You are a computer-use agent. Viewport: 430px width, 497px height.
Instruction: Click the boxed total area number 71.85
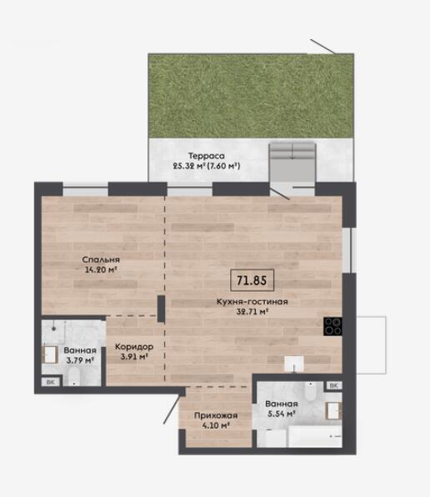point(252,280)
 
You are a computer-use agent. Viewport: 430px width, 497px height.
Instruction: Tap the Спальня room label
point(101,259)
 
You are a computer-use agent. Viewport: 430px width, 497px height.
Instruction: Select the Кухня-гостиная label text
point(252,301)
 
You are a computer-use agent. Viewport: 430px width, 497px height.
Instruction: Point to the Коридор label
point(134,347)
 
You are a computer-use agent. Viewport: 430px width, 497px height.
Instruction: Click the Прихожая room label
point(216,415)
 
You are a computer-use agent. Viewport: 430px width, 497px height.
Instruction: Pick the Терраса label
point(207,156)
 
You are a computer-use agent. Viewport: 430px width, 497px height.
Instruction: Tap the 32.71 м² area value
point(252,312)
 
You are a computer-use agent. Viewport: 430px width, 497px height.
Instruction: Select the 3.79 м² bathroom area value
point(80,360)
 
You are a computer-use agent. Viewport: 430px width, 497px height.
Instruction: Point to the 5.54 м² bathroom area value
point(282,414)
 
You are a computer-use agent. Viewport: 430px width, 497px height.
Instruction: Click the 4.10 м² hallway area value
point(216,425)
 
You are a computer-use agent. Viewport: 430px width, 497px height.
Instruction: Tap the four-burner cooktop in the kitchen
point(332,327)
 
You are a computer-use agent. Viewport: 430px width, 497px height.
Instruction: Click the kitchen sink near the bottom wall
point(294,364)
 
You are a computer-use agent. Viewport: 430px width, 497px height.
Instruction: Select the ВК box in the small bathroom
point(51,382)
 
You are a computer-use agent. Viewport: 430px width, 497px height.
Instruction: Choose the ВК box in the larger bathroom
point(333,385)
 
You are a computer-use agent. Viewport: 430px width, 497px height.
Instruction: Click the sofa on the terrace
point(292,151)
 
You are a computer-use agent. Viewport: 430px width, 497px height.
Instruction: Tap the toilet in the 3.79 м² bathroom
point(73,377)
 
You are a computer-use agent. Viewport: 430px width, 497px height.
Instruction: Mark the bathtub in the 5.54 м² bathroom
point(315,436)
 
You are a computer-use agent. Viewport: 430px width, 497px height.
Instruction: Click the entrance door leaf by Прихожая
point(173,409)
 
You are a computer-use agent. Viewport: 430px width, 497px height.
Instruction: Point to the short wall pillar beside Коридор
point(161,309)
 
